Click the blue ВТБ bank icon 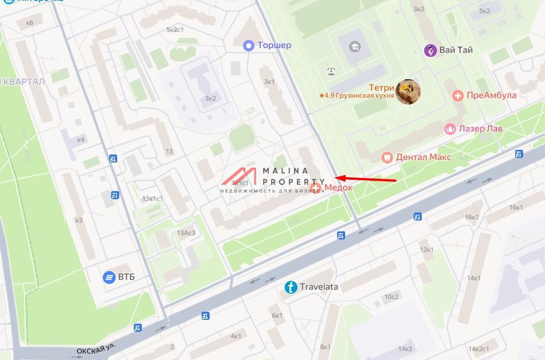(x=109, y=277)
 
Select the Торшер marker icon (x=248, y=45)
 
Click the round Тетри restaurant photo (x=408, y=91)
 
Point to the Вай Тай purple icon (x=430, y=51)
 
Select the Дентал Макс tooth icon (x=387, y=157)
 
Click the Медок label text (x=338, y=188)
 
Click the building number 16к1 (x=516, y=207)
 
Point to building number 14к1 (x=474, y=278)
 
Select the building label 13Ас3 (x=185, y=233)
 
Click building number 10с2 (x=392, y=296)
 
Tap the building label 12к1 (x=426, y=249)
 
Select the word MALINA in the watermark (x=285, y=171)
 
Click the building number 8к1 (x=325, y=347)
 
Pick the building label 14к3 (x=405, y=349)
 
